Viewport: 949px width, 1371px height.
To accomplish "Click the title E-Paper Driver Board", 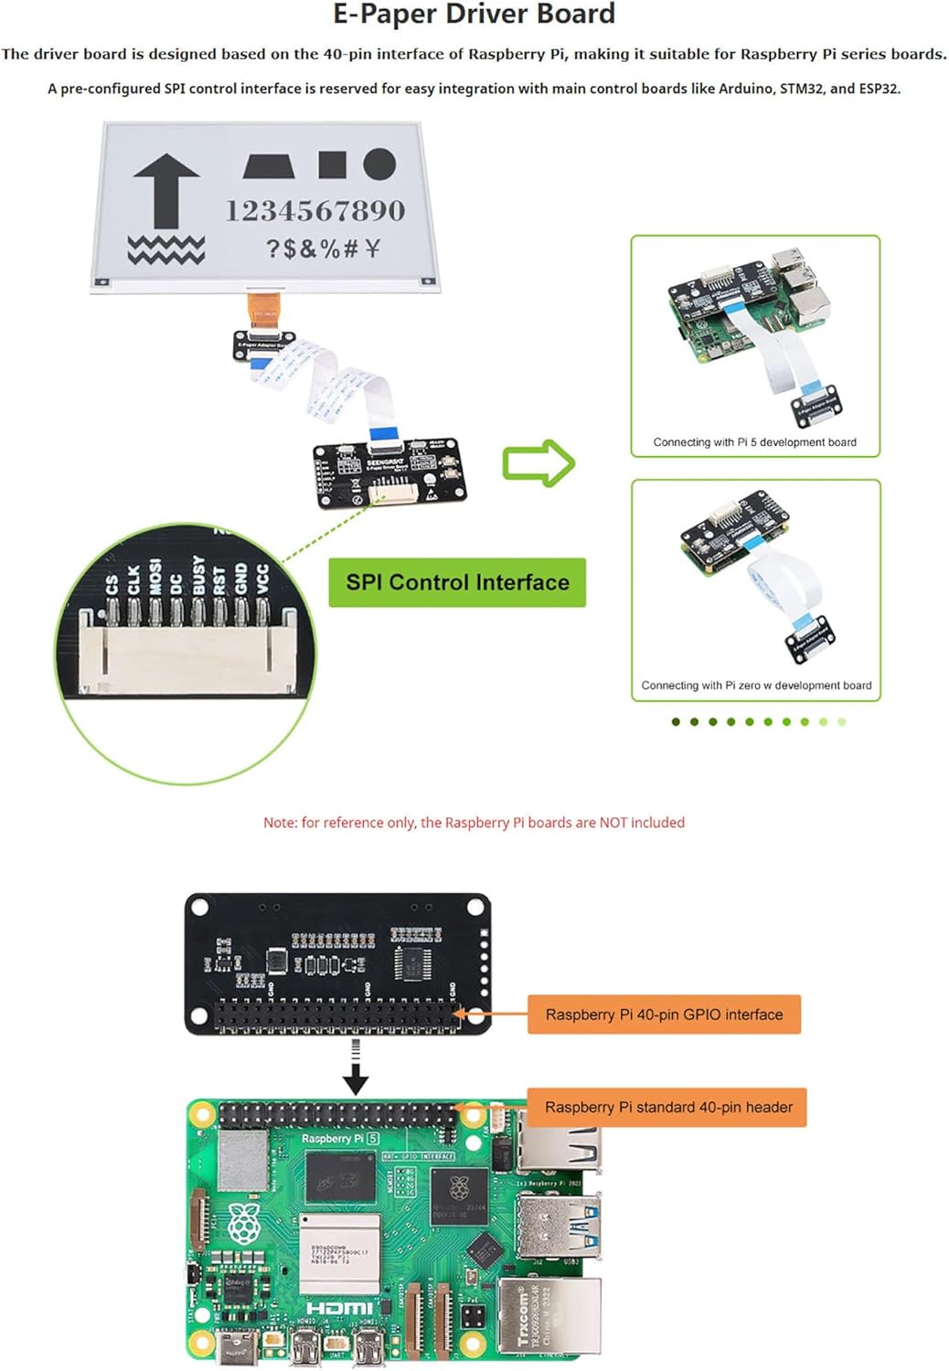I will point(474,15).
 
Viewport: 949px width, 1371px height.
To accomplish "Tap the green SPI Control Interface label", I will point(457,582).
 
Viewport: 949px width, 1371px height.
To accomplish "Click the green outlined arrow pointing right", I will point(538,463).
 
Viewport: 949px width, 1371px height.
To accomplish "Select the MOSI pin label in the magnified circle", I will point(155,578).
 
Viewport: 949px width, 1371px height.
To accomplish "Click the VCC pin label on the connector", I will point(262,579).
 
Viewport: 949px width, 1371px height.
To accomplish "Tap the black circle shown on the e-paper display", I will point(379,165).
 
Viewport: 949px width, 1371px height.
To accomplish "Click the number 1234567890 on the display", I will point(315,211).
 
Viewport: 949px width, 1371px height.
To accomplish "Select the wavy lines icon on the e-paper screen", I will point(165,249).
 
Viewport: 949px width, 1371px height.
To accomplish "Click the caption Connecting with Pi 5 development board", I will point(754,442).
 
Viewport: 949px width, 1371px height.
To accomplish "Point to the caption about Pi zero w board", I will point(756,685).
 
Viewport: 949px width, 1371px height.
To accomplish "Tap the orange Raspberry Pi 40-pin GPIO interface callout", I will point(664,1015).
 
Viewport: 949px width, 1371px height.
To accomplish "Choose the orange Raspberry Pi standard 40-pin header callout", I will point(668,1107).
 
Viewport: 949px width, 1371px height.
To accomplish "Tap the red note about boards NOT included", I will point(474,823).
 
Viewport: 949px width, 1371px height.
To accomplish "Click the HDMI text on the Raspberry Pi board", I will point(339,1309).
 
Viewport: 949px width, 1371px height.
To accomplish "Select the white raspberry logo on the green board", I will point(243,1223).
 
